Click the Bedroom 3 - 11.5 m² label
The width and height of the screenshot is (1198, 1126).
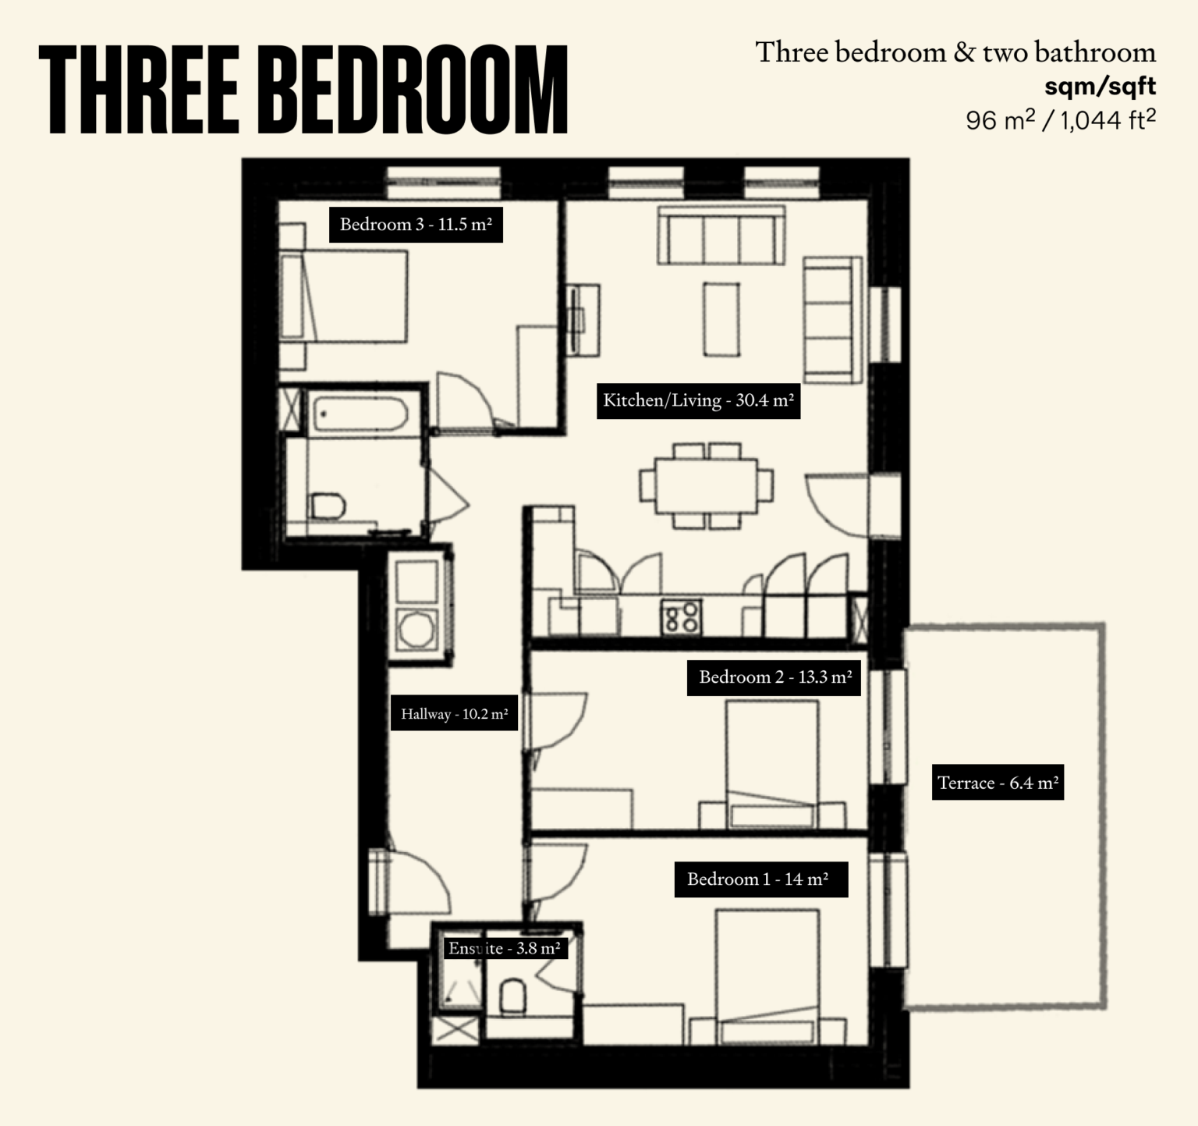click(x=416, y=225)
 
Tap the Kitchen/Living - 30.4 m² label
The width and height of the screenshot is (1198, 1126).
click(x=698, y=401)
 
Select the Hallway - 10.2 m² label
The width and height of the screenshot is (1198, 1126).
click(x=454, y=713)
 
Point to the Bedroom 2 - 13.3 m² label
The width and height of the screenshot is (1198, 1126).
click(x=774, y=677)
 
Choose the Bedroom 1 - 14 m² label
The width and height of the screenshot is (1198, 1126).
click(x=760, y=879)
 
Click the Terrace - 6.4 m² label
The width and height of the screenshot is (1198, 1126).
click(x=998, y=783)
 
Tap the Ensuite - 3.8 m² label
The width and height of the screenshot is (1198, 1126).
click(x=504, y=948)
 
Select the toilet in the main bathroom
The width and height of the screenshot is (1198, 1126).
click(x=328, y=506)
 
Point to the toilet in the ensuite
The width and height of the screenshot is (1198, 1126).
click(x=512, y=996)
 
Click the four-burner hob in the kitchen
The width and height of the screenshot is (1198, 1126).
click(x=681, y=616)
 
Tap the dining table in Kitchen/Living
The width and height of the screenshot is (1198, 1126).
click(x=707, y=485)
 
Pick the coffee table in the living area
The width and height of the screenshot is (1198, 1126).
click(x=721, y=319)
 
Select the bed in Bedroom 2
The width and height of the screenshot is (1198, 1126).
click(x=772, y=763)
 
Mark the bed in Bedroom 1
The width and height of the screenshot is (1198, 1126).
click(x=767, y=975)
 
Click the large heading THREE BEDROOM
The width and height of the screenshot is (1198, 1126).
click(x=303, y=90)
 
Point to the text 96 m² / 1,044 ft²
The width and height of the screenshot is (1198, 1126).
click(x=1060, y=119)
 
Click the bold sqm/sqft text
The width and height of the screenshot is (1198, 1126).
click(x=1100, y=86)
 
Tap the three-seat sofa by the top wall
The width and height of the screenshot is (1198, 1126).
click(x=721, y=235)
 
